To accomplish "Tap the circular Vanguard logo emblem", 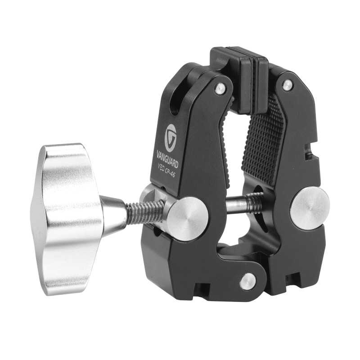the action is tap(171, 138).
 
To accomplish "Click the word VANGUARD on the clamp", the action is tap(167, 159).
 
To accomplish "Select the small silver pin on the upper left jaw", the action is tap(220, 88).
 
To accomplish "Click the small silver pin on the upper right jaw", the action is tap(287, 85).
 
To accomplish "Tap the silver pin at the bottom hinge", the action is tap(247, 282).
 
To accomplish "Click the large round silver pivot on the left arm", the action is tap(188, 219).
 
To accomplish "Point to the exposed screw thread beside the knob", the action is tap(144, 212).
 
